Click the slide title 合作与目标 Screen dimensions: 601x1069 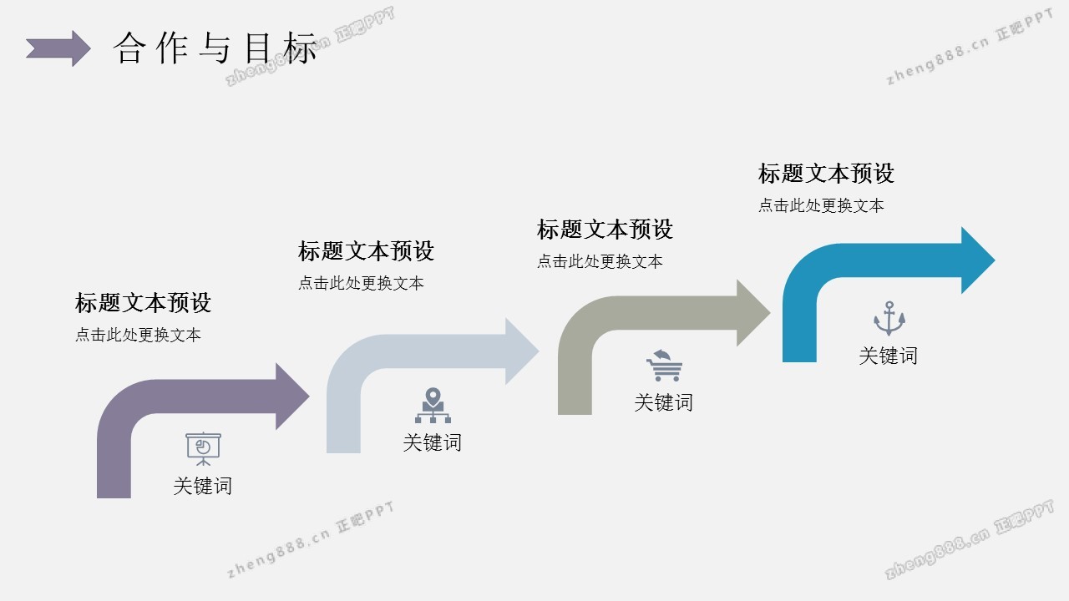click(215, 48)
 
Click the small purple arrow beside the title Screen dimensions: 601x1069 click(58, 48)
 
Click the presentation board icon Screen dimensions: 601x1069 click(203, 448)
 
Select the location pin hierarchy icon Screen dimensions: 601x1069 click(433, 406)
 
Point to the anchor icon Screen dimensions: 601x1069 click(889, 319)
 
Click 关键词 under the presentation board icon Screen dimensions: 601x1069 click(202, 486)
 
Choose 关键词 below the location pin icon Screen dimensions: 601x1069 click(432, 442)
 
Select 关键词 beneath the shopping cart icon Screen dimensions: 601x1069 click(663, 402)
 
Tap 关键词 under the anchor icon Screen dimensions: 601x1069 click(888, 356)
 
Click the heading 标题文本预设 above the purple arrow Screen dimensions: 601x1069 click(143, 302)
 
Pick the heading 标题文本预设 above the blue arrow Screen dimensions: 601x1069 click(826, 174)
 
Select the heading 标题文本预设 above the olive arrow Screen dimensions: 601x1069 click(605, 229)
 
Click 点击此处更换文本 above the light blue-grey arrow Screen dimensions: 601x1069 click(361, 283)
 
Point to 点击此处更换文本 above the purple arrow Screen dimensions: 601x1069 click(138, 335)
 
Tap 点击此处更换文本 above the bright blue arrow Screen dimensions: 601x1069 click(821, 205)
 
